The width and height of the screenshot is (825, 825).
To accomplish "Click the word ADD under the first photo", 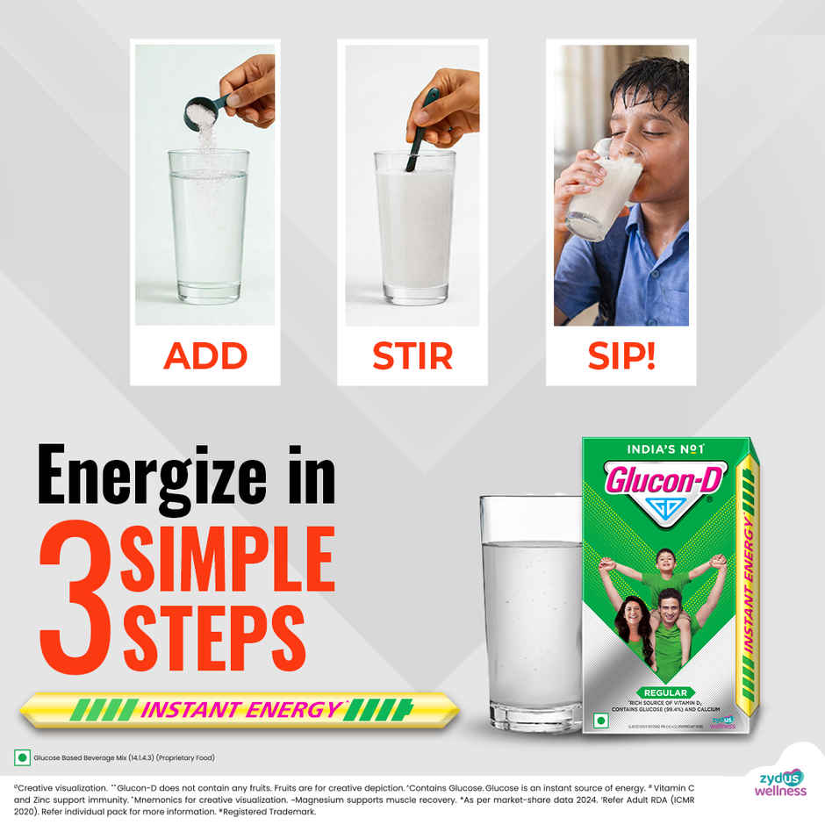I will click(x=205, y=356).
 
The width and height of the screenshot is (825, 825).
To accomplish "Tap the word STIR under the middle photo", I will click(x=412, y=356).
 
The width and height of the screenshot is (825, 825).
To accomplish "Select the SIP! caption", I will click(x=621, y=356).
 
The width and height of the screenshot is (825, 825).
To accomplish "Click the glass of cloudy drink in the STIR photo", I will click(x=414, y=228).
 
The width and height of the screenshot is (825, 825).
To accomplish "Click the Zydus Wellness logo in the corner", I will click(x=779, y=782).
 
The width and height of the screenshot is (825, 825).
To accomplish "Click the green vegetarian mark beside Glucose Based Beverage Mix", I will click(x=21, y=757).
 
